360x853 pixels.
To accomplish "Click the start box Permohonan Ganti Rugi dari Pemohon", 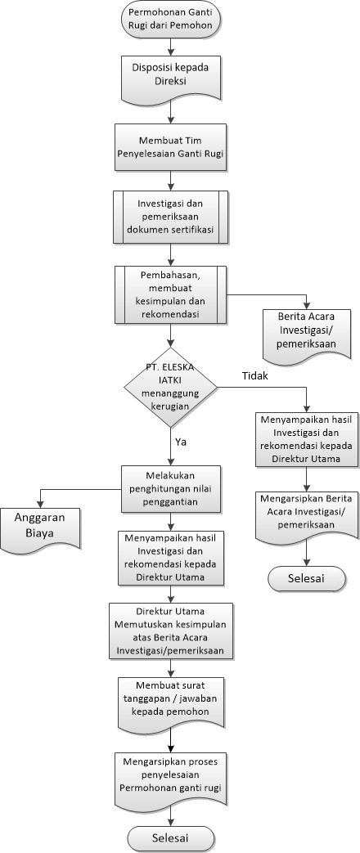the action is point(172,19).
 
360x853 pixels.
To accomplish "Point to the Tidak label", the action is point(255,376).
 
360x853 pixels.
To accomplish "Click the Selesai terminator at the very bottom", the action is point(171,839).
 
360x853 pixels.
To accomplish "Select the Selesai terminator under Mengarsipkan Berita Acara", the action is point(307,578).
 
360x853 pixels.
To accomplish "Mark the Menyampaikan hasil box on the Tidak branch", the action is point(307,439).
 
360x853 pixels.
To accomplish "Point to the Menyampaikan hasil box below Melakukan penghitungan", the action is point(171,557).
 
